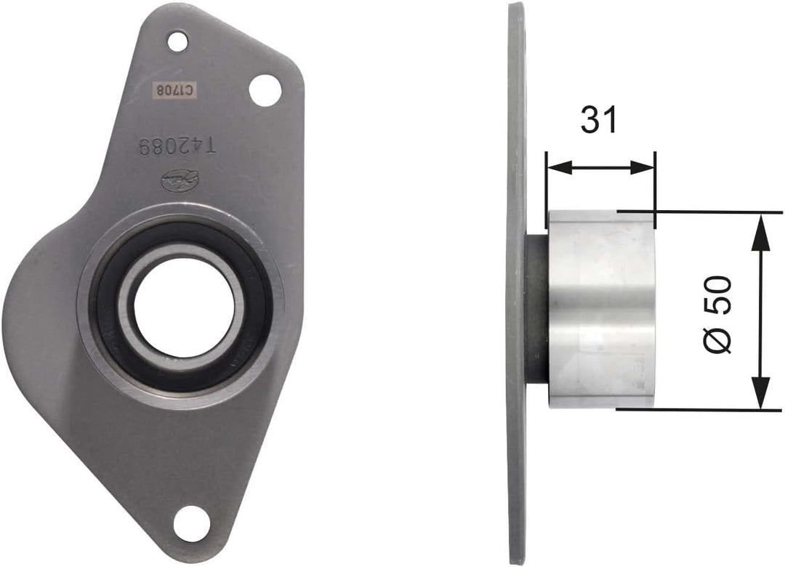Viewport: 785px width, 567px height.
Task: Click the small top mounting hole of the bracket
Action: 177,41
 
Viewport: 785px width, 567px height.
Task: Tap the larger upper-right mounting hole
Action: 265,90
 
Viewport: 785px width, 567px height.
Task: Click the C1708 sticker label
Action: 175,90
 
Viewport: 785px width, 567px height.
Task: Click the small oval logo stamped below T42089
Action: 177,177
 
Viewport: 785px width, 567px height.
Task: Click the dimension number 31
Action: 598,121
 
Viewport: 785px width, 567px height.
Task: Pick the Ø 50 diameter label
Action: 720,313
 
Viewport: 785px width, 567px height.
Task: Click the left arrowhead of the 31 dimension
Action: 557,167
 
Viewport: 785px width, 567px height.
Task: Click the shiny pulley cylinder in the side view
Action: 602,309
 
